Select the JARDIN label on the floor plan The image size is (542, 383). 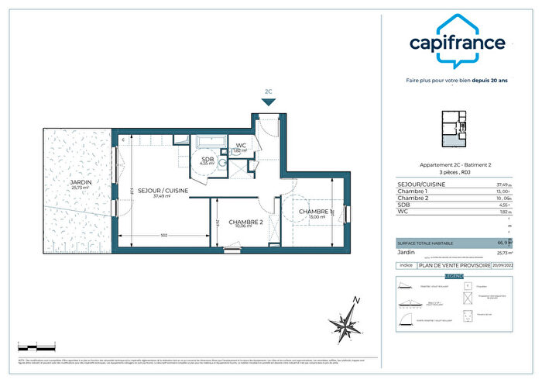pyautogui.click(x=80, y=183)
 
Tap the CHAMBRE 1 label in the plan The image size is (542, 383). pyautogui.click(x=316, y=212)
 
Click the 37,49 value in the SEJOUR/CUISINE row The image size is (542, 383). pyautogui.click(x=502, y=185)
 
